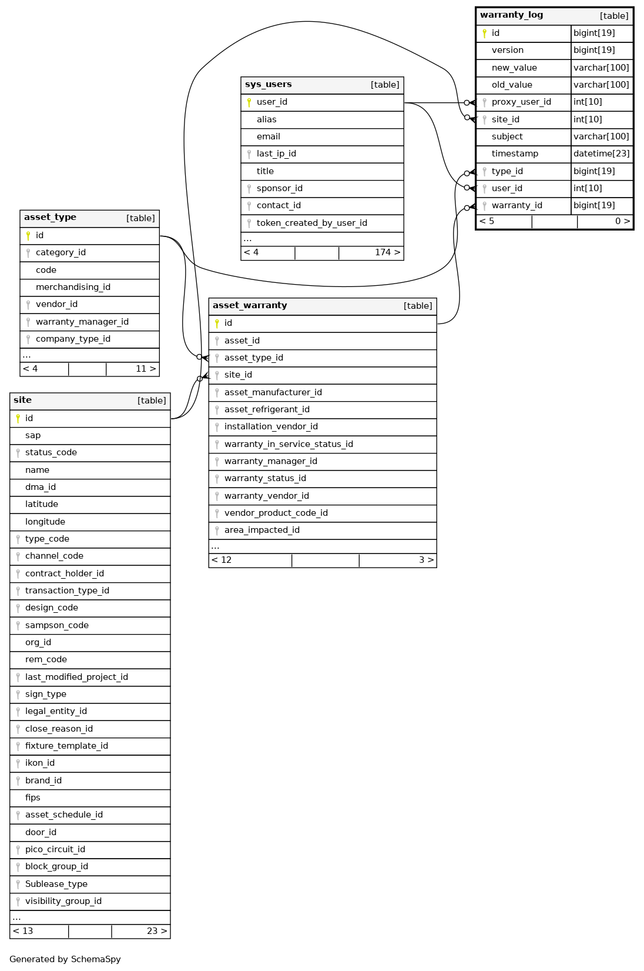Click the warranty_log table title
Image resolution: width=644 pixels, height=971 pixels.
click(511, 15)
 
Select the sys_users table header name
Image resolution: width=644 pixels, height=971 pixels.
click(268, 85)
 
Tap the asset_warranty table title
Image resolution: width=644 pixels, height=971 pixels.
click(250, 306)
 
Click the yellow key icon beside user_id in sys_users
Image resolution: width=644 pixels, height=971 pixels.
click(249, 102)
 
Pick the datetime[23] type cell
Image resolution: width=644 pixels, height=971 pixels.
click(601, 154)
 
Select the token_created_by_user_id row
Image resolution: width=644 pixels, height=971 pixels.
click(311, 223)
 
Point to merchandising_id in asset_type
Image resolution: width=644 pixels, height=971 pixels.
click(73, 288)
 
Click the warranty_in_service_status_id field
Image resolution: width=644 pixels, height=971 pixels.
click(289, 445)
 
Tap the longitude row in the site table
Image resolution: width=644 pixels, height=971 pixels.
click(45, 522)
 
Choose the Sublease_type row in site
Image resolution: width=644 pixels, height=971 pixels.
click(56, 885)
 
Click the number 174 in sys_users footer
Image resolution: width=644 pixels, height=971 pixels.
click(383, 253)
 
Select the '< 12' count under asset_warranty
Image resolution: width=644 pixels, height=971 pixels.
click(222, 560)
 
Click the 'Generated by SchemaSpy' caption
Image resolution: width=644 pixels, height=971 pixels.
click(65, 959)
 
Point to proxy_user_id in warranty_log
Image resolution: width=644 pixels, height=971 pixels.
click(521, 102)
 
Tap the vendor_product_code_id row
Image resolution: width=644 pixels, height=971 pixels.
click(276, 513)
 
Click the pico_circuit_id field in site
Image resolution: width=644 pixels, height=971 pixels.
click(55, 850)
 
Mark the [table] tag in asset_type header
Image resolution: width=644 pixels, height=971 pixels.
click(140, 218)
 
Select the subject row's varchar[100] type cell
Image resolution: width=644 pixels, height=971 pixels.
click(601, 137)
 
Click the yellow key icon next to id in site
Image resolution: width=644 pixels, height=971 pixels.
click(18, 419)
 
